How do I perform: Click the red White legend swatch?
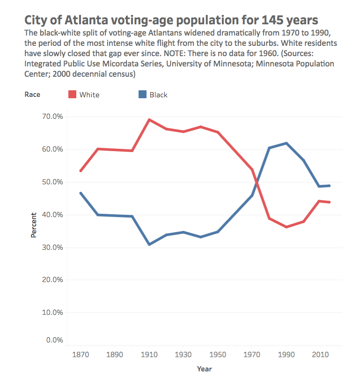pos(72,94)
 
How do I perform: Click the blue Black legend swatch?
pos(142,94)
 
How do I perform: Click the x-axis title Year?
pos(204,369)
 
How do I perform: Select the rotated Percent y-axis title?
pos(34,225)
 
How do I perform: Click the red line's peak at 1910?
pos(149,120)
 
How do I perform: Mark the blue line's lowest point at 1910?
pos(149,244)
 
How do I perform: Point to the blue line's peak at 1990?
pos(286,143)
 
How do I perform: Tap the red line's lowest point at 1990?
pos(286,227)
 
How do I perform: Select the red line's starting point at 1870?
pos(81,171)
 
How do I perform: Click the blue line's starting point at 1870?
pos(81,193)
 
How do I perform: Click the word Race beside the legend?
pos(32,94)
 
